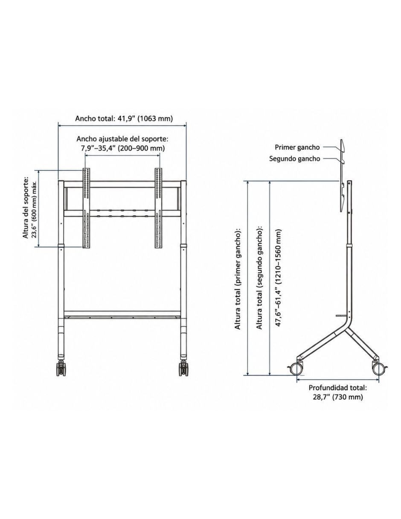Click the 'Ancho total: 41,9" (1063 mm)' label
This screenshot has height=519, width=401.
(124, 119)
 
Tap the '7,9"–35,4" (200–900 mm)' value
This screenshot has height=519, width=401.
(123, 148)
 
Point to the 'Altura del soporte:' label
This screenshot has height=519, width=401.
(26, 208)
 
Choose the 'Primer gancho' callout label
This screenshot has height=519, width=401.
(297, 147)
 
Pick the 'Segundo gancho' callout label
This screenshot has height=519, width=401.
(295, 158)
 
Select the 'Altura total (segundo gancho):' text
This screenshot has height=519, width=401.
(260, 276)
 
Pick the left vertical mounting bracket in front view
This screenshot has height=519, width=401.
(86, 208)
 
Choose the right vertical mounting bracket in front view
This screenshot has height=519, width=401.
(159, 208)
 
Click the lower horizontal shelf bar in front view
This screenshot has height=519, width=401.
(122, 314)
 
